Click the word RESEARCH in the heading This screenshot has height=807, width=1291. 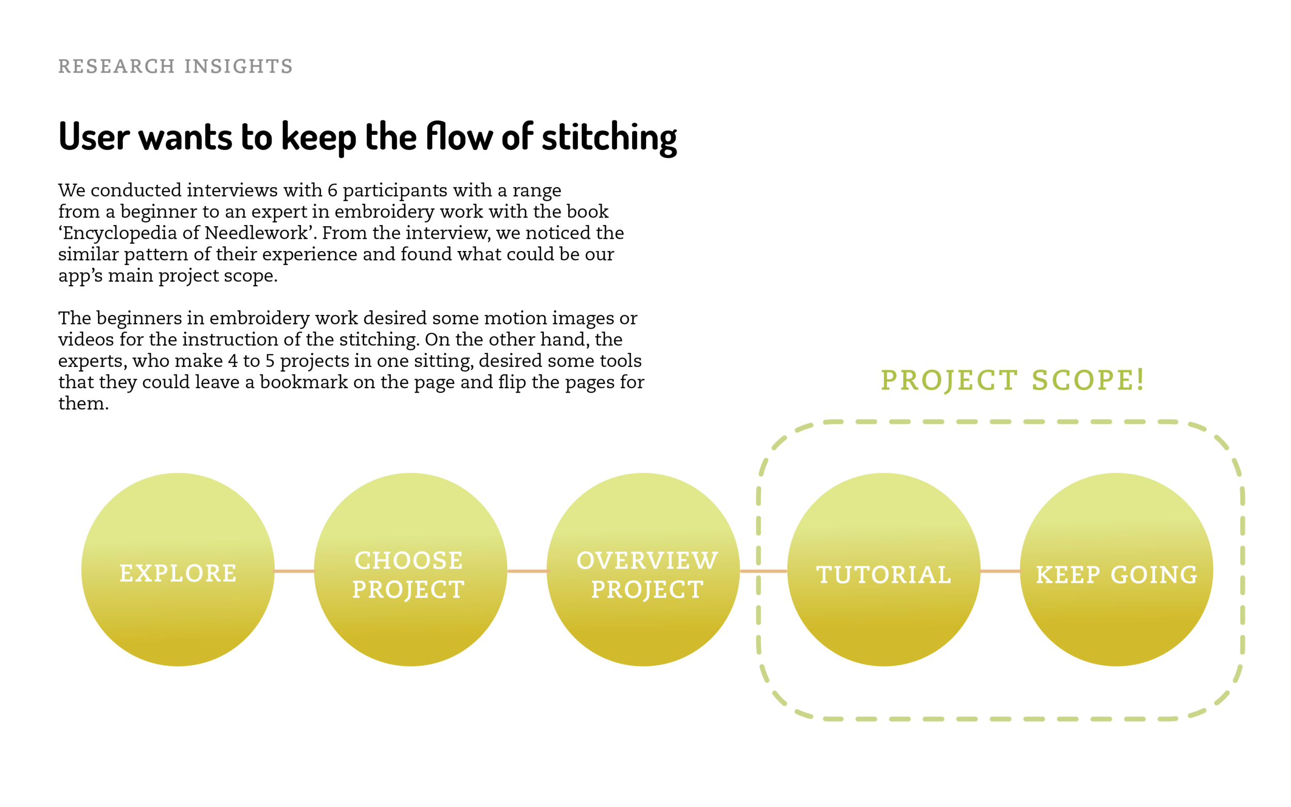(x=116, y=66)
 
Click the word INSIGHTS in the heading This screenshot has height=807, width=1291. (x=239, y=66)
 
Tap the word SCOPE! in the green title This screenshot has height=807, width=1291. (x=1088, y=381)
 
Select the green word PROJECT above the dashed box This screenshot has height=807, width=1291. (x=949, y=381)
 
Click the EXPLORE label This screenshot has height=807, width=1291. (x=178, y=574)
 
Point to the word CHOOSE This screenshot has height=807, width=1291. (x=408, y=561)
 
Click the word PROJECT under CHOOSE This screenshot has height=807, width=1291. (x=408, y=590)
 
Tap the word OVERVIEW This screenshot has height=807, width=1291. (x=647, y=561)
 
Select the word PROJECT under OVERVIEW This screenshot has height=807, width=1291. (x=647, y=590)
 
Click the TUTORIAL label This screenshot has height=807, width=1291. (x=884, y=575)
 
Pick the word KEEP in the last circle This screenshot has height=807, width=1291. (x=1068, y=575)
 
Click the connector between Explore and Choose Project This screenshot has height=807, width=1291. (x=294, y=571)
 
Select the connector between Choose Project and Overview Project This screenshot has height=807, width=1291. (x=527, y=571)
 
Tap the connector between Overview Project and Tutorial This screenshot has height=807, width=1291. (x=763, y=571)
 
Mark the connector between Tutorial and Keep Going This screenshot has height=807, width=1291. (x=1000, y=571)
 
